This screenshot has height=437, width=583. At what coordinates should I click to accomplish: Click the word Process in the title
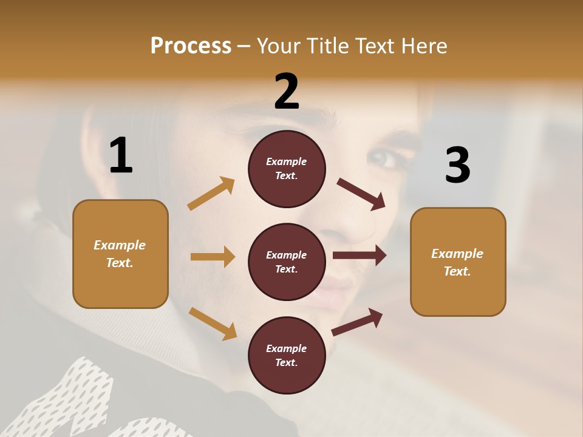pyautogui.click(x=191, y=46)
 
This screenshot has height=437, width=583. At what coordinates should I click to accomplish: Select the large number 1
pyautogui.click(x=121, y=156)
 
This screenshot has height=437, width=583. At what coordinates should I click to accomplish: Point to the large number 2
pyautogui.click(x=287, y=92)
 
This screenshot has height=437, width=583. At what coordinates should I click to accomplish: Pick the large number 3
pyautogui.click(x=457, y=165)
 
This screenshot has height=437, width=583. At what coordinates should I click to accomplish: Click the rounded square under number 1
pyautogui.click(x=120, y=254)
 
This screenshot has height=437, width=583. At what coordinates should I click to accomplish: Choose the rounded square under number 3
pyautogui.click(x=458, y=262)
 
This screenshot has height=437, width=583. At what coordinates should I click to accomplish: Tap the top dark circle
pyautogui.click(x=287, y=168)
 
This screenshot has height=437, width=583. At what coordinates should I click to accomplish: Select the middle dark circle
pyautogui.click(x=287, y=262)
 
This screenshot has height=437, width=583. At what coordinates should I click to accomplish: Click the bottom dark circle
pyautogui.click(x=287, y=355)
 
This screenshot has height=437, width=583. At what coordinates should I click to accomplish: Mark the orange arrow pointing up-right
pyautogui.click(x=211, y=194)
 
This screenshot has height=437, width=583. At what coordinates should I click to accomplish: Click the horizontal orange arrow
pyautogui.click(x=213, y=257)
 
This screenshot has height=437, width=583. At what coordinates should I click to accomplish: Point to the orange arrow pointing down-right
pyautogui.click(x=213, y=324)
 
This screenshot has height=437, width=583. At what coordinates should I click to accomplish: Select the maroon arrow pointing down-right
pyautogui.click(x=361, y=194)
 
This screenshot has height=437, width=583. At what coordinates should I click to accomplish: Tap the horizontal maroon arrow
pyautogui.click(x=360, y=256)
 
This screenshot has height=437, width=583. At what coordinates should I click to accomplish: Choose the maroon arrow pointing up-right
pyautogui.click(x=357, y=322)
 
